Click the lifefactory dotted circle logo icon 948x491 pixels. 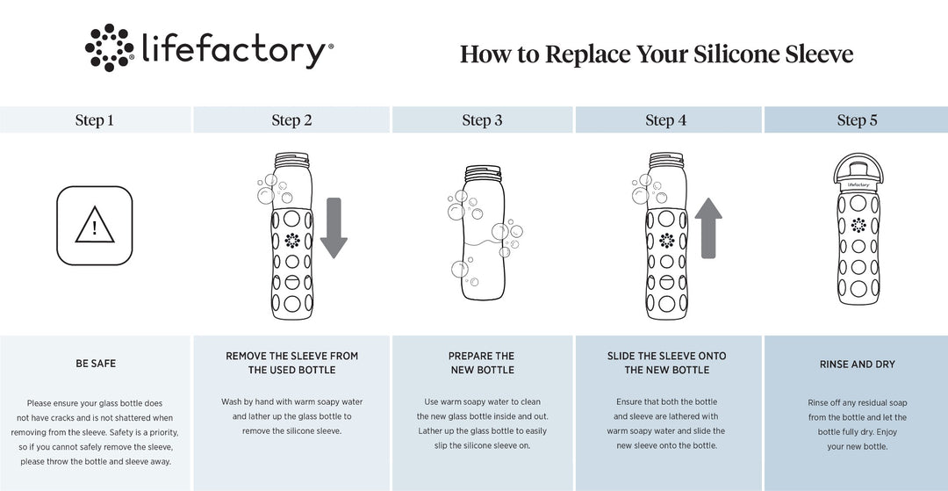[x=110, y=47]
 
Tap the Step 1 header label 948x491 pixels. [x=94, y=120]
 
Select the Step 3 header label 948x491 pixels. [x=482, y=120]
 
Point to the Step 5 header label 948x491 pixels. [x=857, y=120]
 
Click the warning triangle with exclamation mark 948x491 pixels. [x=94, y=225]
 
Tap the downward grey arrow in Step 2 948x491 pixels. [x=334, y=228]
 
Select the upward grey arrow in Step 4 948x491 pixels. [x=708, y=228]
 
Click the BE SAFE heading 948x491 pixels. [x=96, y=364]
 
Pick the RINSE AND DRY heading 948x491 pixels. [x=858, y=364]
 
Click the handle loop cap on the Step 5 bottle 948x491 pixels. [x=858, y=168]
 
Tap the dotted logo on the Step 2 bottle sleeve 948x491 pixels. [x=292, y=240]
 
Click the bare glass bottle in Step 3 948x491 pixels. [x=483, y=233]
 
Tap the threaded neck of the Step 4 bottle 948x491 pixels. [x=666, y=160]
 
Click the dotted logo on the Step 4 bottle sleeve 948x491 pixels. [x=667, y=240]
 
